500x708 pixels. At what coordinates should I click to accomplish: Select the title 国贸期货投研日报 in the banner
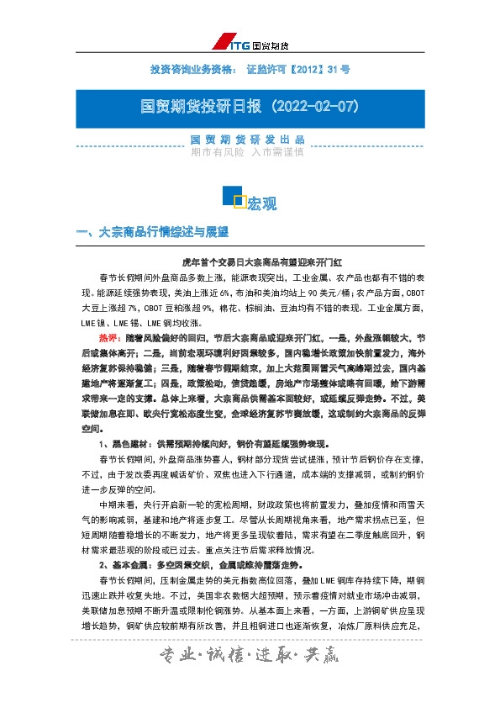(x=193, y=108)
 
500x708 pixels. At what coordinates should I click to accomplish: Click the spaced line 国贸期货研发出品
(x=248, y=140)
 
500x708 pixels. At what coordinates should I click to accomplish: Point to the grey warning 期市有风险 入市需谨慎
(x=248, y=153)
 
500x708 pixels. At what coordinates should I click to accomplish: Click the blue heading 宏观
(x=261, y=204)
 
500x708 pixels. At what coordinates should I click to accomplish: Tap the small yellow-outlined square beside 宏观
(x=239, y=201)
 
